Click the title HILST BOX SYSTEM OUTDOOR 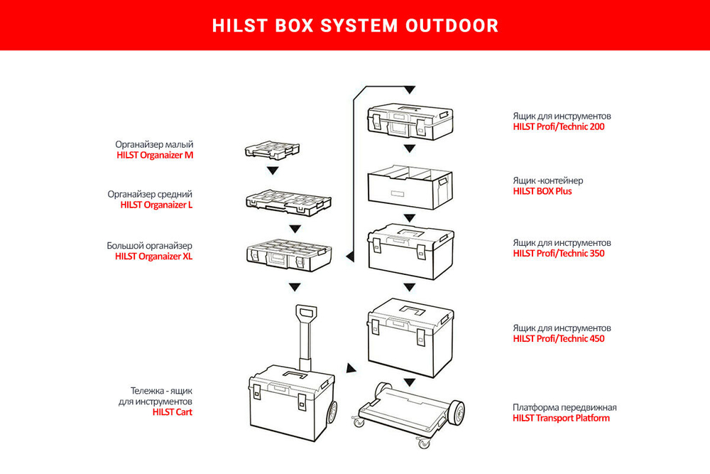[x=355, y=26]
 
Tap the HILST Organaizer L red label [x=156, y=205]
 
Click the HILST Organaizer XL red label [x=153, y=257]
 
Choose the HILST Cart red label [x=173, y=411]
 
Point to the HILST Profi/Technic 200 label [x=559, y=127]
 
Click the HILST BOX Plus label [x=542, y=191]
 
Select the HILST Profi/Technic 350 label [x=559, y=253]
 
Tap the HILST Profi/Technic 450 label [x=559, y=339]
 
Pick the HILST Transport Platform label [x=561, y=418]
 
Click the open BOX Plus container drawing [x=409, y=188]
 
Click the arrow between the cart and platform [x=350, y=369]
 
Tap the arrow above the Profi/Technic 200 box [x=409, y=90]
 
